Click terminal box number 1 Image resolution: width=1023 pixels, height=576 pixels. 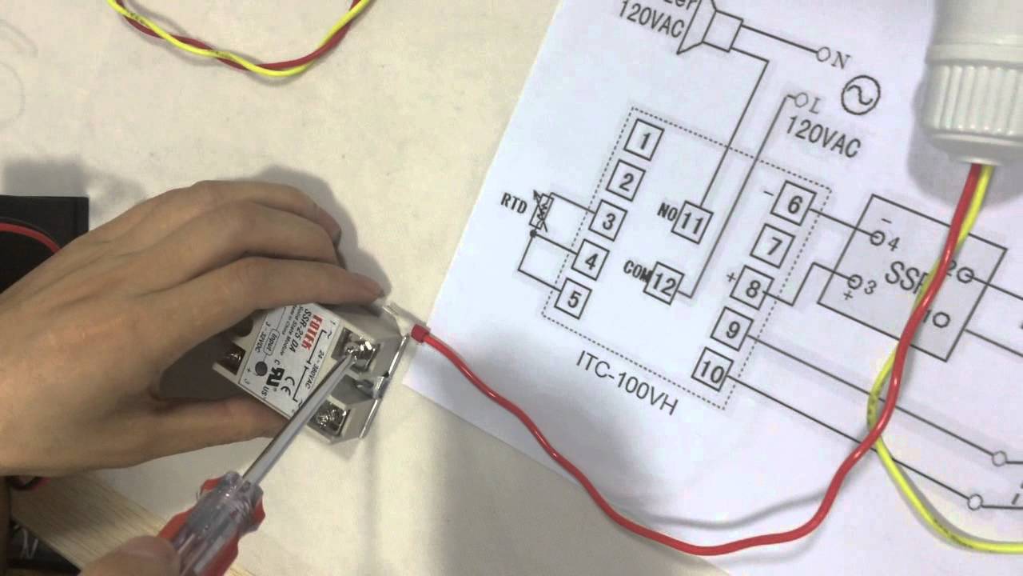click(644, 144)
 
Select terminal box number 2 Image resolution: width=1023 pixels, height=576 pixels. click(626, 182)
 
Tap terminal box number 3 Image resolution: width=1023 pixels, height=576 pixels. click(607, 221)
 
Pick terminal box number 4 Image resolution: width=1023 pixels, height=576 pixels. click(590, 260)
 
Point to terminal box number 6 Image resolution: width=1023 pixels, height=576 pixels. click(793, 206)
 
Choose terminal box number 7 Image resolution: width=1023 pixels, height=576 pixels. click(772, 246)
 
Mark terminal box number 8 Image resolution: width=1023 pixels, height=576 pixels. click(751, 287)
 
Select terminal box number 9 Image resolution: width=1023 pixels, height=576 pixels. click(730, 328)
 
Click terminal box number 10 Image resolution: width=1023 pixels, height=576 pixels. click(711, 370)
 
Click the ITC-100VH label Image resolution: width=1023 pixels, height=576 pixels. click(627, 383)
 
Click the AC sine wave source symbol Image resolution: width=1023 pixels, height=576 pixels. click(861, 97)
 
